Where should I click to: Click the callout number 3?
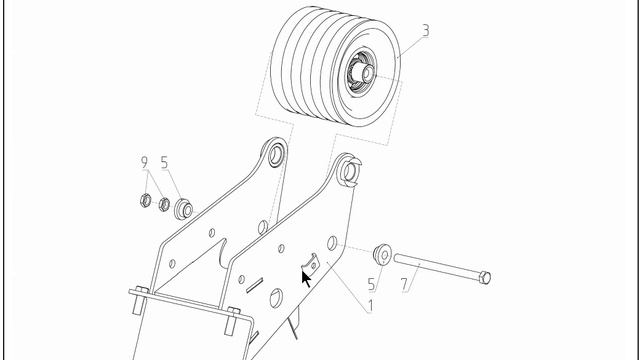tap(425, 31)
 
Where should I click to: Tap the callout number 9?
tap(144, 162)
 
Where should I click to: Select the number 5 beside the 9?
tap(164, 162)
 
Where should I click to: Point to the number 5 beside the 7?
tap(371, 284)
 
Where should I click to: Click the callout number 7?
tap(404, 284)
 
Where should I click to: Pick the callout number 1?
tap(370, 306)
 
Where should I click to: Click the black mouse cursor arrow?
tap(306, 279)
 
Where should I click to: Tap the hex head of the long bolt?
tap(484, 278)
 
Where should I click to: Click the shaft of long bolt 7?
tap(437, 266)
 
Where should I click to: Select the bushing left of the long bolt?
tap(382, 255)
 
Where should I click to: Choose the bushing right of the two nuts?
tap(183, 209)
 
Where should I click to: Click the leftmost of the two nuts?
tap(146, 200)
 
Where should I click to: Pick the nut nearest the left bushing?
tap(164, 204)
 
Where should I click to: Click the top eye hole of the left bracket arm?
tap(276, 155)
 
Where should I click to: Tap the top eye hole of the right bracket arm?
tap(349, 171)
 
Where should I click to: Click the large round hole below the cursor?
tap(276, 298)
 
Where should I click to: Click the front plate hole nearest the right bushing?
tap(332, 243)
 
